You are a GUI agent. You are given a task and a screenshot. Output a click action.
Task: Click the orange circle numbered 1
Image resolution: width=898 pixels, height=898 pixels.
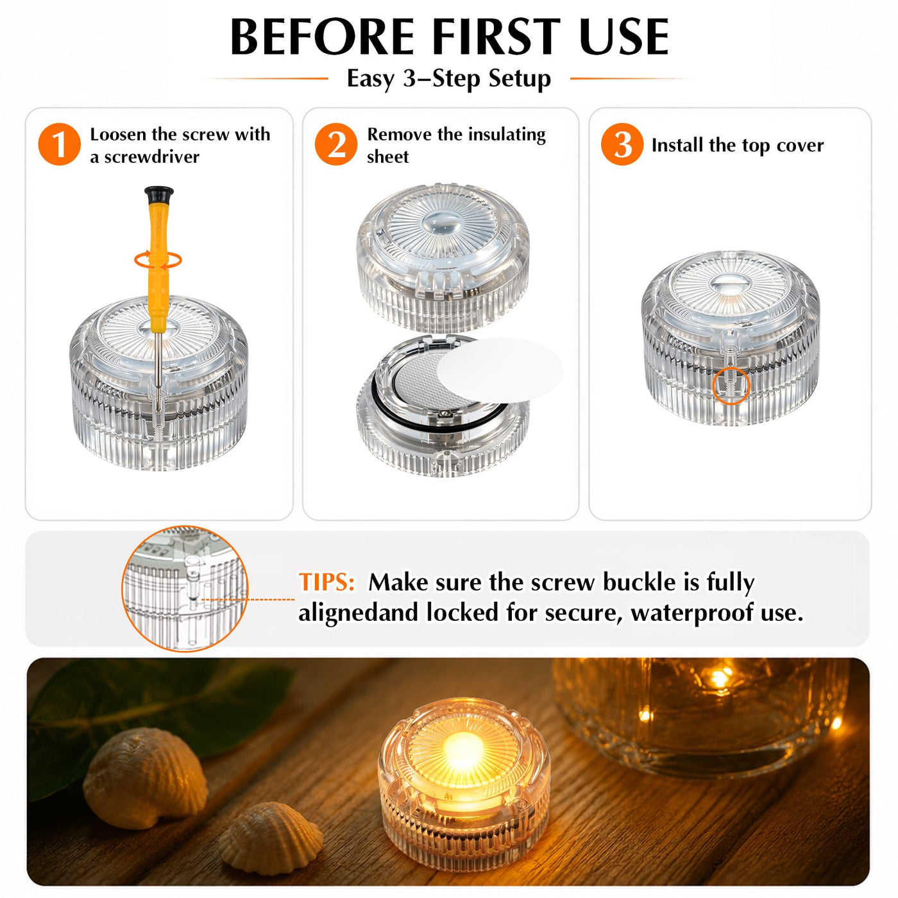(x=59, y=144)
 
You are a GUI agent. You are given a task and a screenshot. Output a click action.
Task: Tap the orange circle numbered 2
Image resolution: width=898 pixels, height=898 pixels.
(x=336, y=144)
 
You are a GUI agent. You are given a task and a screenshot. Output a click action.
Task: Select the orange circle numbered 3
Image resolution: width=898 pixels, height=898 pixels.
(x=622, y=144)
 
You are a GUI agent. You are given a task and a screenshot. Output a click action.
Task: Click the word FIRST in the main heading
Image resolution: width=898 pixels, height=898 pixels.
(x=496, y=37)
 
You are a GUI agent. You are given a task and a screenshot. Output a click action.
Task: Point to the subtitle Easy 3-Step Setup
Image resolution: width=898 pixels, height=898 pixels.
(x=449, y=78)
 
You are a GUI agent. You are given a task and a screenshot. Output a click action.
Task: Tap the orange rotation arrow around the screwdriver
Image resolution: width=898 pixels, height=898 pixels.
(x=158, y=260)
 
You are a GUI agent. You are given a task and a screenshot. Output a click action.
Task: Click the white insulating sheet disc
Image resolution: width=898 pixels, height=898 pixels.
(x=500, y=368)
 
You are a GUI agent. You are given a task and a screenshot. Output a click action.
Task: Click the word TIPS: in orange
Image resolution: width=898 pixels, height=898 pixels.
(x=326, y=582)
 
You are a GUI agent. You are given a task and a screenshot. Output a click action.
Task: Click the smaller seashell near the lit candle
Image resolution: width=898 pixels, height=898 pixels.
(x=270, y=837)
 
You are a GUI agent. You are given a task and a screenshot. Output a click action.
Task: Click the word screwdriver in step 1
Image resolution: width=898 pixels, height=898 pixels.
(x=151, y=157)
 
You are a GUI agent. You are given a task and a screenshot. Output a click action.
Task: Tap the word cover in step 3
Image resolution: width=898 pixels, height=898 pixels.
(x=800, y=146)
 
